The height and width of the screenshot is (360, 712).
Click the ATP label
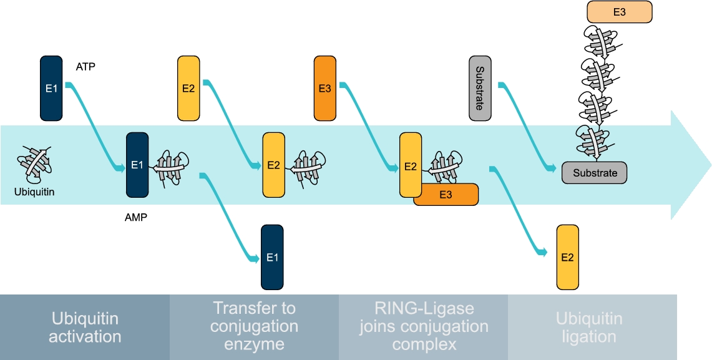click(x=85, y=67)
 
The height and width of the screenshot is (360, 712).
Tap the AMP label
click(x=135, y=218)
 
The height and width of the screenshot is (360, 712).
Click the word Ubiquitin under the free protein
click(x=34, y=192)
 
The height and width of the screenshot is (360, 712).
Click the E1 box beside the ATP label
click(x=51, y=88)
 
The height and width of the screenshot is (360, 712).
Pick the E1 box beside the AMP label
click(x=137, y=165)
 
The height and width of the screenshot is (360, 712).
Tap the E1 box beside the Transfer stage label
click(x=272, y=257)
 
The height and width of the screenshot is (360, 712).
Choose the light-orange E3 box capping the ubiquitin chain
click(x=619, y=12)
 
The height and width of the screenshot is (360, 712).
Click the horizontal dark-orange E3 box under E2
click(x=446, y=195)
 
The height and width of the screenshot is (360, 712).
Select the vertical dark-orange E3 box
click(x=324, y=88)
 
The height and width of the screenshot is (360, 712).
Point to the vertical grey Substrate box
click(x=480, y=88)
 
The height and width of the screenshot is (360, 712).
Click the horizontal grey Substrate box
click(x=594, y=173)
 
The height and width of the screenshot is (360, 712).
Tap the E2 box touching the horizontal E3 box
click(x=410, y=166)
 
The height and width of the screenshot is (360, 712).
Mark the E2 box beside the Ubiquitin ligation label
click(x=567, y=258)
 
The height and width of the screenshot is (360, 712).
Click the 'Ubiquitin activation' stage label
click(x=85, y=328)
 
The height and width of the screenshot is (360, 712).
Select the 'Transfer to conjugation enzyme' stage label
click(x=254, y=326)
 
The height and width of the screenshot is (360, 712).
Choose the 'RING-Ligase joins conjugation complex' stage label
click(x=424, y=326)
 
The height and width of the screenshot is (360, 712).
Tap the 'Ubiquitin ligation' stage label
click(x=589, y=328)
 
